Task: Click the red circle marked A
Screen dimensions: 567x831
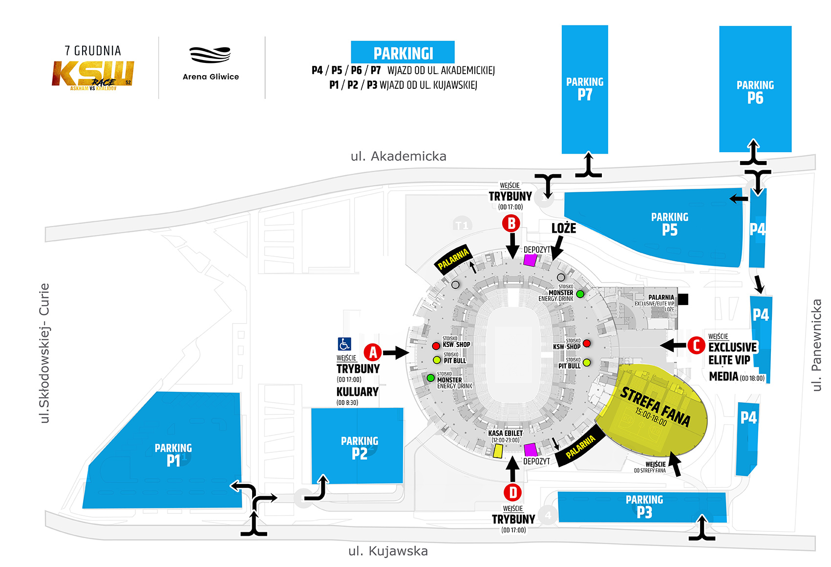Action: point(373,352)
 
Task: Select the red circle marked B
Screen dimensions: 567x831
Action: point(511,223)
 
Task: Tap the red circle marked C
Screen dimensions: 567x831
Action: point(696,345)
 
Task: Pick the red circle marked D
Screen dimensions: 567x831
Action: point(513,492)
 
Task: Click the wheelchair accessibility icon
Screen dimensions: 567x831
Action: point(344,344)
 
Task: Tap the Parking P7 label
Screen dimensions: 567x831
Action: point(585,89)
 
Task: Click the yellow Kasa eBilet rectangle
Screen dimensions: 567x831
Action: point(498,450)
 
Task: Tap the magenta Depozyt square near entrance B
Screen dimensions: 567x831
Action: point(530,260)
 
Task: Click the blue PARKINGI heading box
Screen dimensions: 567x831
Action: point(403,53)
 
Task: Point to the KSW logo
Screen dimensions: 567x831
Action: point(93,75)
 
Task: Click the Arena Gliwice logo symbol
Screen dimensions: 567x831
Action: point(210,55)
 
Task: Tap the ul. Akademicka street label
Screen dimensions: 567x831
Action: point(398,156)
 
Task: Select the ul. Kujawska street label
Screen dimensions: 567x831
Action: point(388,551)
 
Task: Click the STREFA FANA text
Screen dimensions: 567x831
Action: point(655,406)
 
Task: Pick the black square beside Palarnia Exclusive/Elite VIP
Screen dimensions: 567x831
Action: point(683,299)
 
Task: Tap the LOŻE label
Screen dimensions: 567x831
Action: point(564,228)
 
